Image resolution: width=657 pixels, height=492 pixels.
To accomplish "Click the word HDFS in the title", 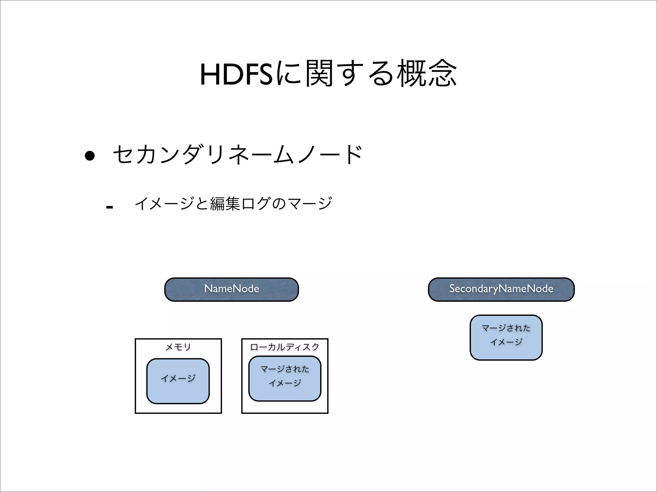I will tap(236, 75).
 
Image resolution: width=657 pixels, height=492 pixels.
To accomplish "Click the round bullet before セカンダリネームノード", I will tap(90, 156).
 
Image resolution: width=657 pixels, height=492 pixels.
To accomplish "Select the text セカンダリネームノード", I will tap(238, 155).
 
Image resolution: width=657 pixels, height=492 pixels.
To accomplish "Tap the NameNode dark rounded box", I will tap(231, 289).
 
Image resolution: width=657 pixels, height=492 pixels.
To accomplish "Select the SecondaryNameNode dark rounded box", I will tap(501, 289).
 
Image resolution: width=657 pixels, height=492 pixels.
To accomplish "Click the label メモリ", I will tap(178, 347).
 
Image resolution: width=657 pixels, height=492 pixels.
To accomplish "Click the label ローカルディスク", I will tap(285, 347).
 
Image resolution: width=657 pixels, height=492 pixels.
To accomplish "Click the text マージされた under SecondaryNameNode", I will tap(506, 328).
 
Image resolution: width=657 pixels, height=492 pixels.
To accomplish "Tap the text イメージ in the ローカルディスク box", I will tap(285, 383).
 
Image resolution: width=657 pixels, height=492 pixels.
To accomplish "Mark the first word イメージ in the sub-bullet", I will tap(165, 204).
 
